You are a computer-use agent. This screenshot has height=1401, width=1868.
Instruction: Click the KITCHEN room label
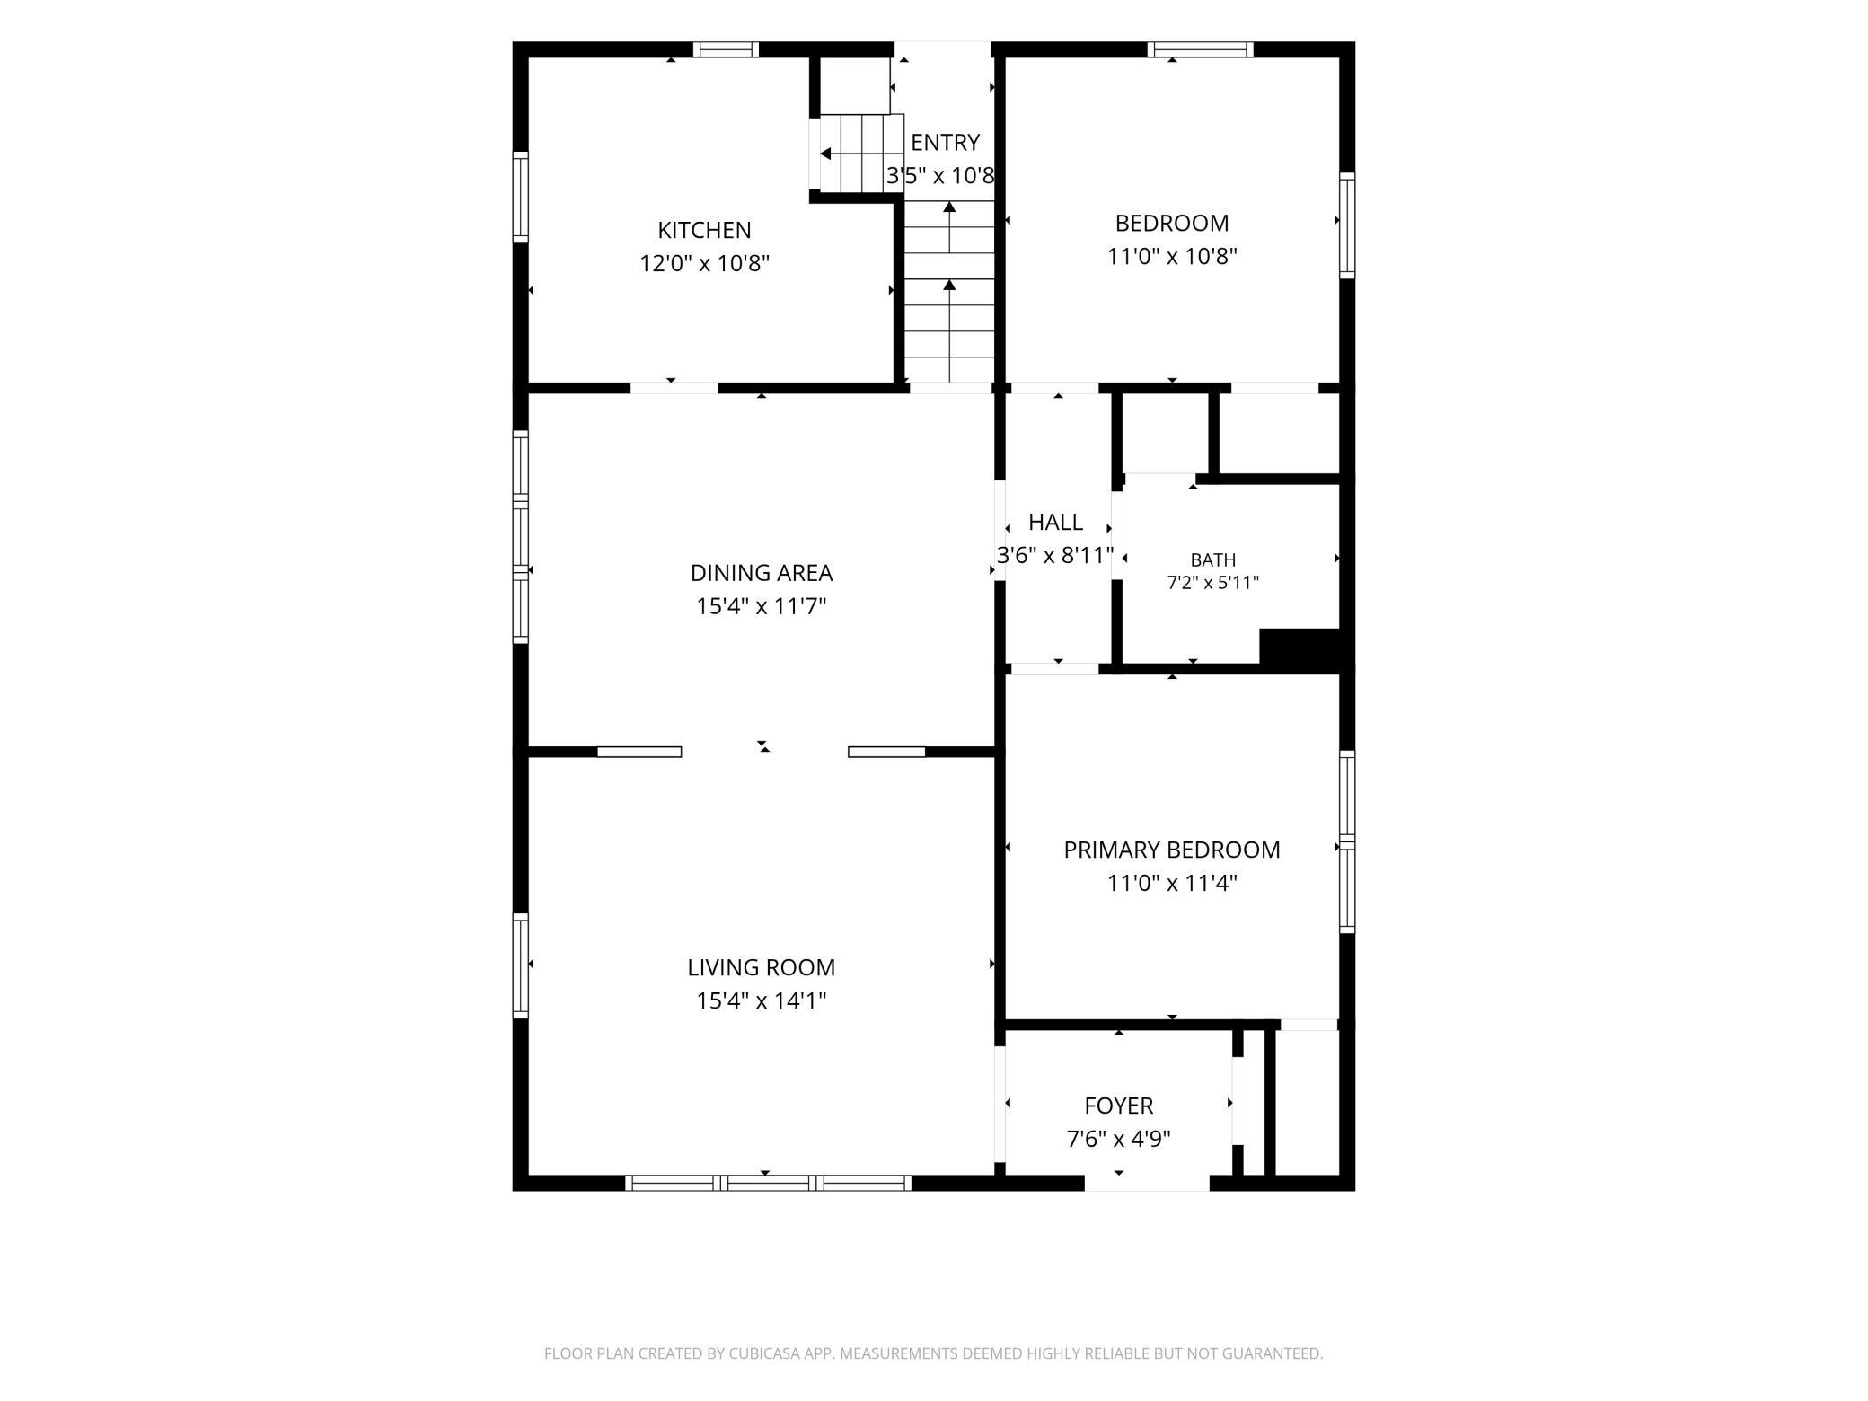(704, 230)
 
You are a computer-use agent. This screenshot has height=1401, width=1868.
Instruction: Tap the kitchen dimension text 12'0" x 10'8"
(704, 263)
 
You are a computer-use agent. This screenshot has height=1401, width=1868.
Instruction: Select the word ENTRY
(945, 143)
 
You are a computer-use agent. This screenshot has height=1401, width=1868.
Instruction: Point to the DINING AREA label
(762, 573)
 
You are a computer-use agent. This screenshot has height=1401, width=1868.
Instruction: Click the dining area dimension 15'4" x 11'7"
(762, 606)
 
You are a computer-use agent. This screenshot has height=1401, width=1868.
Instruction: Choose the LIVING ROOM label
(762, 967)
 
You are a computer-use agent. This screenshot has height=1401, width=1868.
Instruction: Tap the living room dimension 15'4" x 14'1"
(762, 1000)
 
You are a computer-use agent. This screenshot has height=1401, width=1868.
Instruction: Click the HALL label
(1055, 522)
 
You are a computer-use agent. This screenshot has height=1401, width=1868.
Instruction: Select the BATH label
(1213, 560)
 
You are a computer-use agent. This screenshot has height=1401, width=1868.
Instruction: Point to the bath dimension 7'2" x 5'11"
(1213, 582)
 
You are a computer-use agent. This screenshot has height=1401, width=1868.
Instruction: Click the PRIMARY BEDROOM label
(1172, 850)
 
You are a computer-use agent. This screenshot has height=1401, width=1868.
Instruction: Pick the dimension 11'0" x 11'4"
(1172, 883)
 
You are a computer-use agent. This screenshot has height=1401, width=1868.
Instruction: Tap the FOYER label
(1119, 1106)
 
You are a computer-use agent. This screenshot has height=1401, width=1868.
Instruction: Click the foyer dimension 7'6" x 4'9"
(1119, 1139)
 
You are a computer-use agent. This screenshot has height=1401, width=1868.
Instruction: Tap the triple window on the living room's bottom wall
(768, 1183)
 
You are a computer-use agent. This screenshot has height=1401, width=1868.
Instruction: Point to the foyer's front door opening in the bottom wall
(1148, 1183)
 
